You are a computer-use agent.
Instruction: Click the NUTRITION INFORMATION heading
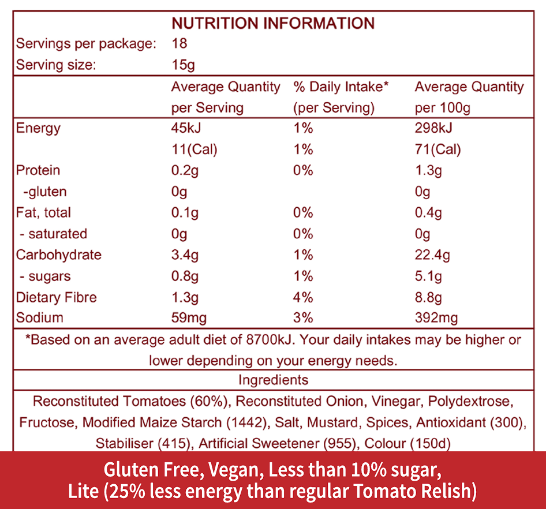[x=273, y=23]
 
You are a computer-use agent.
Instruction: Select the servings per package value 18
[x=179, y=44]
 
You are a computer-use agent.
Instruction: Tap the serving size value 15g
[x=183, y=65]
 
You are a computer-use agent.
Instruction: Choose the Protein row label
[x=38, y=170]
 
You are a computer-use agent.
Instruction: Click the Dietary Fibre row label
[x=57, y=297]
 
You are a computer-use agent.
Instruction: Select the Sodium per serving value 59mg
[x=189, y=317]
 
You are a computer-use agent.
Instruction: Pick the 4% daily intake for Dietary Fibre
[x=303, y=297]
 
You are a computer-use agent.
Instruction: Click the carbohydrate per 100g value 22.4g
[x=432, y=255]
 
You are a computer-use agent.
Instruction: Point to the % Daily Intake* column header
[x=341, y=87]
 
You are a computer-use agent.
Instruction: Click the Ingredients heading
[x=273, y=380]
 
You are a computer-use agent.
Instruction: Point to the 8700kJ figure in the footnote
[x=270, y=339]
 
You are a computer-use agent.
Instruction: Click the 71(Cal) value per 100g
[x=437, y=149]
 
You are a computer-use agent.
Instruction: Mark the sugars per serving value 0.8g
[x=185, y=276]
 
